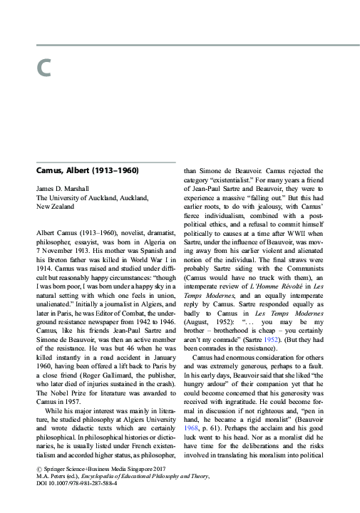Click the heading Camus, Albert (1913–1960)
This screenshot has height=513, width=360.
[87, 172]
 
